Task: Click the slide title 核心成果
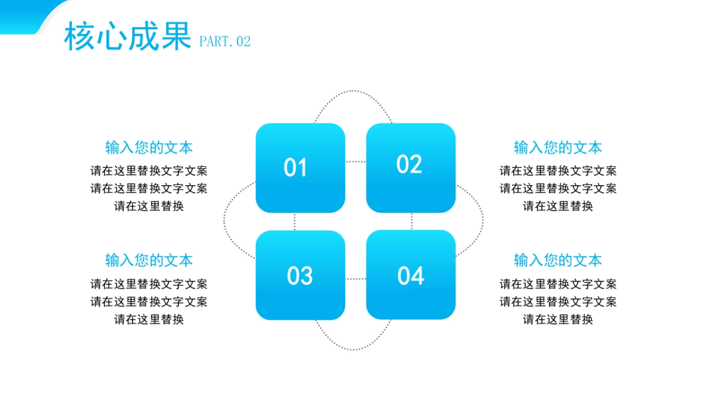pos(127,37)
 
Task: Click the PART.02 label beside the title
pos(225,41)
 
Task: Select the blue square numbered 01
pos(300,168)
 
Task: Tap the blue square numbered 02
pos(411,168)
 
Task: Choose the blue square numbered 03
pos(300,275)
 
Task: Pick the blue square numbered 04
pos(411,275)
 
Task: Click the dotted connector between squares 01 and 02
pos(355,161)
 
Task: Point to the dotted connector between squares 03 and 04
pos(355,278)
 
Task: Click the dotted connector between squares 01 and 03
pos(295,222)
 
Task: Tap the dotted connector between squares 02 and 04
pos(411,222)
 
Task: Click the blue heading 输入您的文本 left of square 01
pos(149,147)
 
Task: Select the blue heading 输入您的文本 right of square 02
pos(558,147)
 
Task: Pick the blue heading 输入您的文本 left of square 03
pos(149,260)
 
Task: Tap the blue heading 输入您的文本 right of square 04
pos(558,260)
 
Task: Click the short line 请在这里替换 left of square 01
pos(149,206)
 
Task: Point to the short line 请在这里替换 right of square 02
pos(558,206)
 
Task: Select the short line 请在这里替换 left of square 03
pos(149,320)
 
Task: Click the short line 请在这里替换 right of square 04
pos(558,320)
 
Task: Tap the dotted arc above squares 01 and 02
pos(353,91)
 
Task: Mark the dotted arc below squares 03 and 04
pos(353,350)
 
